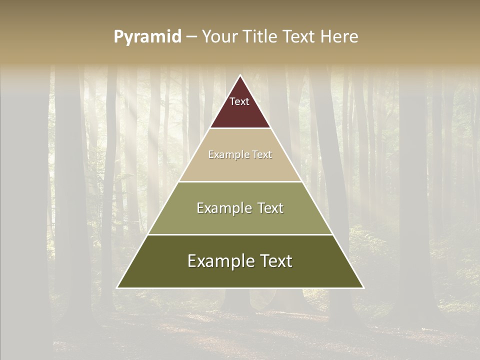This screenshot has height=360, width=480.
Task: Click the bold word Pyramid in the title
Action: [x=147, y=37]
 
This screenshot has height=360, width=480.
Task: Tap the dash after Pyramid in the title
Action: [x=191, y=37]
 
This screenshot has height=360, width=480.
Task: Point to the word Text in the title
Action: [x=298, y=37]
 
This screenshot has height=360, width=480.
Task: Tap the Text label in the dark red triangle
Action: [x=239, y=101]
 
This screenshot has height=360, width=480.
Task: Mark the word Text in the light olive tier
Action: [x=270, y=208]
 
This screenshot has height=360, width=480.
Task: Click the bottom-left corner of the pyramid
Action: [x=117, y=287]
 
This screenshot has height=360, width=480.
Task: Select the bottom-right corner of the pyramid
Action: [x=363, y=287]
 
